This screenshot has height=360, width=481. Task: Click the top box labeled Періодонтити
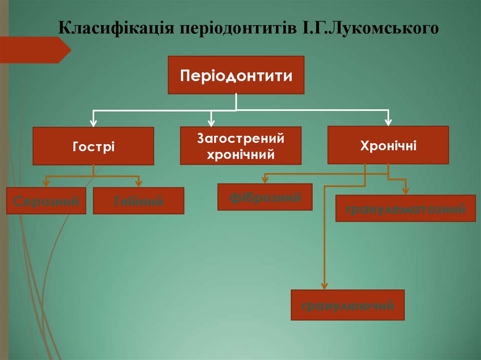[236, 75]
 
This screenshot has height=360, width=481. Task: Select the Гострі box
[93, 146]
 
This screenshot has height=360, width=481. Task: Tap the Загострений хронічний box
[240, 146]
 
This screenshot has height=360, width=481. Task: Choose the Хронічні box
[388, 145]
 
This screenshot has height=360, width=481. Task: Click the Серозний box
[46, 201]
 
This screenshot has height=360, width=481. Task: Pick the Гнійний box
[139, 201]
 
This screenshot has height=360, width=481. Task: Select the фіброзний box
[265, 197]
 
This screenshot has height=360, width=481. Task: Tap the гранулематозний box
[405, 208]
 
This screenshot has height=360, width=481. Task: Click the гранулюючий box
[347, 305]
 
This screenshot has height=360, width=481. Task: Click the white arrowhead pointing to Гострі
[93, 123]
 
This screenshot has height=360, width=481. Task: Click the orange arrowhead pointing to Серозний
[46, 184]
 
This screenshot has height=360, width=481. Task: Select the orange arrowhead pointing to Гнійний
[139, 184]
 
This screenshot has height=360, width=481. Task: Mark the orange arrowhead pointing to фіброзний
[265, 180]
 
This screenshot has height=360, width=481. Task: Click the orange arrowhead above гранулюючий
[324, 286]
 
